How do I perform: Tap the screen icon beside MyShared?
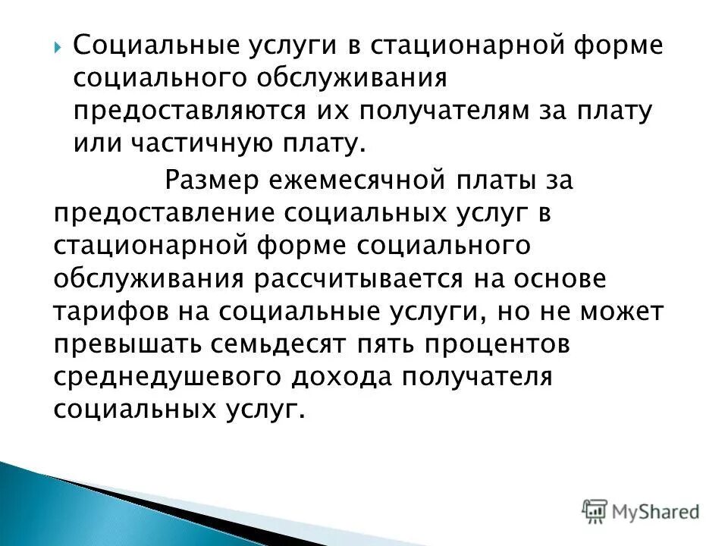[x=595, y=510]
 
